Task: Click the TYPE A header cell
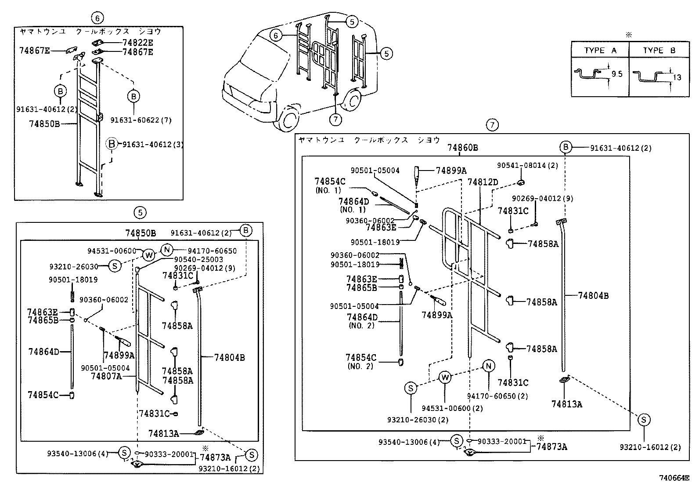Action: point(600,50)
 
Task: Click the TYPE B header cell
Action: point(659,50)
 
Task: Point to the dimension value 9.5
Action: point(617,74)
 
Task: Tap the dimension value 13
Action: point(677,77)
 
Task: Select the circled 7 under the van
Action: point(335,119)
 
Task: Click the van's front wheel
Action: point(287,119)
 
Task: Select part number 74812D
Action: point(483,182)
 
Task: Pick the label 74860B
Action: point(462,148)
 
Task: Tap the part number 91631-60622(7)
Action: point(141,120)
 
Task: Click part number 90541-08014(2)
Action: point(527,165)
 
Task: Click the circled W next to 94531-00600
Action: point(149,254)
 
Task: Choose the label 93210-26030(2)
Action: point(418,420)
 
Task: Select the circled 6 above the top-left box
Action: point(97,18)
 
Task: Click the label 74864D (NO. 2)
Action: point(362,321)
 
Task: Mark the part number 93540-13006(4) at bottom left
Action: point(79,453)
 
